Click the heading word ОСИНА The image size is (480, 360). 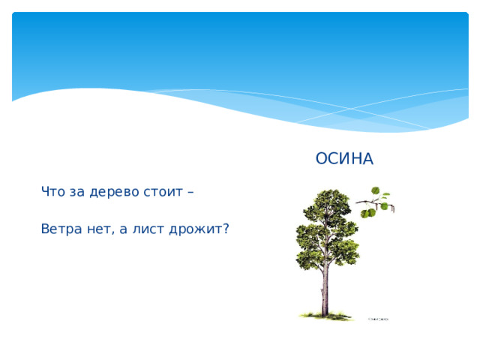[x=343, y=159]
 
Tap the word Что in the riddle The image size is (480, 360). [x=53, y=192]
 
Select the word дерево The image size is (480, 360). [x=114, y=192]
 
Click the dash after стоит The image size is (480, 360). [x=190, y=193]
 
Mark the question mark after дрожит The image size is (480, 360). [x=225, y=229]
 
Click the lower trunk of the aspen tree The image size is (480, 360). [x=325, y=296]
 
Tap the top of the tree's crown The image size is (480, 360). [x=330, y=193]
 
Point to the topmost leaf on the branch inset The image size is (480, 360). [x=376, y=190]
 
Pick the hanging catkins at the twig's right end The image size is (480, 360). [x=388, y=202]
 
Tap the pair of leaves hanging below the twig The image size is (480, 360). [x=368, y=213]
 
